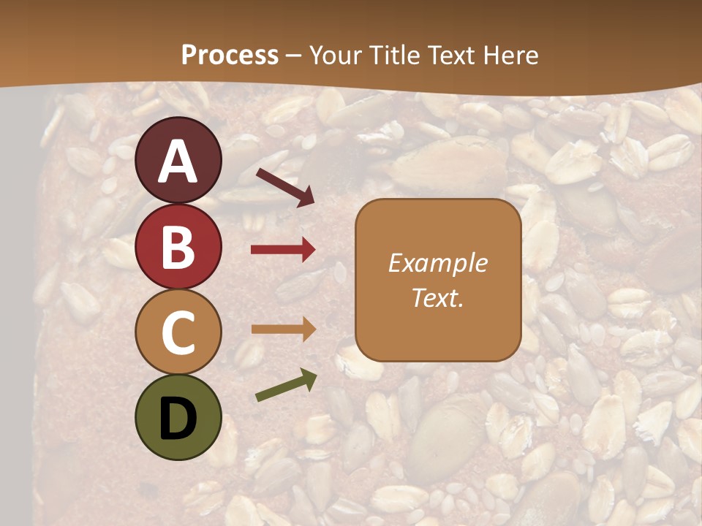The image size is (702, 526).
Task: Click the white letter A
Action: click(178, 162)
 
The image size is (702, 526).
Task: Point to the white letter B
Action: click(178, 247)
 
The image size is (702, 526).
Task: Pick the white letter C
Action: click(178, 332)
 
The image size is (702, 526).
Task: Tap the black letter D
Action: click(178, 419)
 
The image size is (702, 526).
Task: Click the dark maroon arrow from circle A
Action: click(285, 186)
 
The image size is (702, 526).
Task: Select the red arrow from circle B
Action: click(282, 250)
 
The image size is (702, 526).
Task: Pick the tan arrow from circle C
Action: click(282, 329)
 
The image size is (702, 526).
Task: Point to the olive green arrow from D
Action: click(286, 386)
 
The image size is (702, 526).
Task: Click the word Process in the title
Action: click(230, 56)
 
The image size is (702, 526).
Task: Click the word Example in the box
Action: click(437, 263)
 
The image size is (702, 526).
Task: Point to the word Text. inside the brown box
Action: click(437, 297)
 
